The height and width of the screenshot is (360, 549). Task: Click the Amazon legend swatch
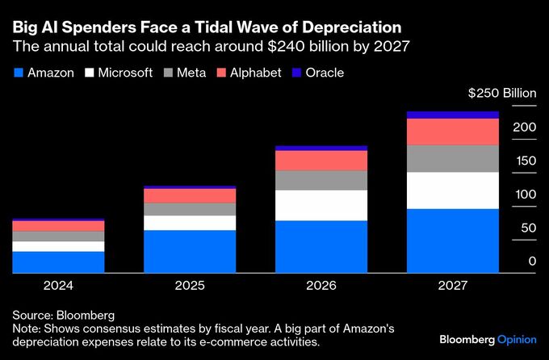pos(17,73)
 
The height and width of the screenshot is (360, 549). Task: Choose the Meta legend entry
pos(184,73)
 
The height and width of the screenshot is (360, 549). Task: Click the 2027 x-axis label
pos(452,286)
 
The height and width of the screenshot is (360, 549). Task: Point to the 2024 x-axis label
pos(58,286)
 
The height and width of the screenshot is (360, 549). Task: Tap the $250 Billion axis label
pos(501,94)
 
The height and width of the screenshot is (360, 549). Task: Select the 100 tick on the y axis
pos(526,195)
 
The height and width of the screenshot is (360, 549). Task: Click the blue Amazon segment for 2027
pos(452,241)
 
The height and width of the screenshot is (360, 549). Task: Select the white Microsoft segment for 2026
pos(321,205)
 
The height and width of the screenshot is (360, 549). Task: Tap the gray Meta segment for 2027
pos(452,158)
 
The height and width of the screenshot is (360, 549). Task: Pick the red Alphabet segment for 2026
pos(321,161)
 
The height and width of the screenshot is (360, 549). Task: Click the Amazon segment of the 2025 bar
pos(190,251)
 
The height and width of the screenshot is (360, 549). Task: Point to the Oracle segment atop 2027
pos(452,115)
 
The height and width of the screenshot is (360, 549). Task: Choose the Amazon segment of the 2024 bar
pos(58,262)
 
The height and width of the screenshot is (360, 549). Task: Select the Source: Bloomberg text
pos(63,314)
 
